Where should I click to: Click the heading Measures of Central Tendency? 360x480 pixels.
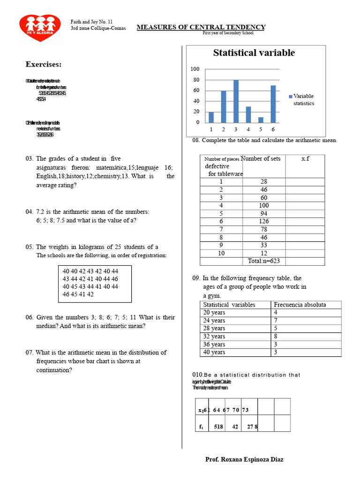[201, 27]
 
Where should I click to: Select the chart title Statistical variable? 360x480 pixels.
[254, 53]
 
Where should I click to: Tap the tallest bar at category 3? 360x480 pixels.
[236, 101]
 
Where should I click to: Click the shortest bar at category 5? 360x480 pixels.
[261, 120]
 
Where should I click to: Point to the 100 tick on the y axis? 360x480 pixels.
[195, 69]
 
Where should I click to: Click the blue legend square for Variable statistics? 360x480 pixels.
[291, 96]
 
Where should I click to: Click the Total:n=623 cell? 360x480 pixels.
[263, 261]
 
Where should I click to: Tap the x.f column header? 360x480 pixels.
[305, 159]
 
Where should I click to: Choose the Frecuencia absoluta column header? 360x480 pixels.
[300, 305]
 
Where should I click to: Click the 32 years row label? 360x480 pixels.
[214, 336]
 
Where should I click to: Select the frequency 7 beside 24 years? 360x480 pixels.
[276, 321]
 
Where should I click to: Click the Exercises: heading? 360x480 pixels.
[44, 64]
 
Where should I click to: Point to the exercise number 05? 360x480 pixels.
[30, 247]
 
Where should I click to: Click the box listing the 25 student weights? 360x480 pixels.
[95, 283]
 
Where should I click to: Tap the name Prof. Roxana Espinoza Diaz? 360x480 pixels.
[244, 459]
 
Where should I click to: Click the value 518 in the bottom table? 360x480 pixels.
[218, 427]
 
